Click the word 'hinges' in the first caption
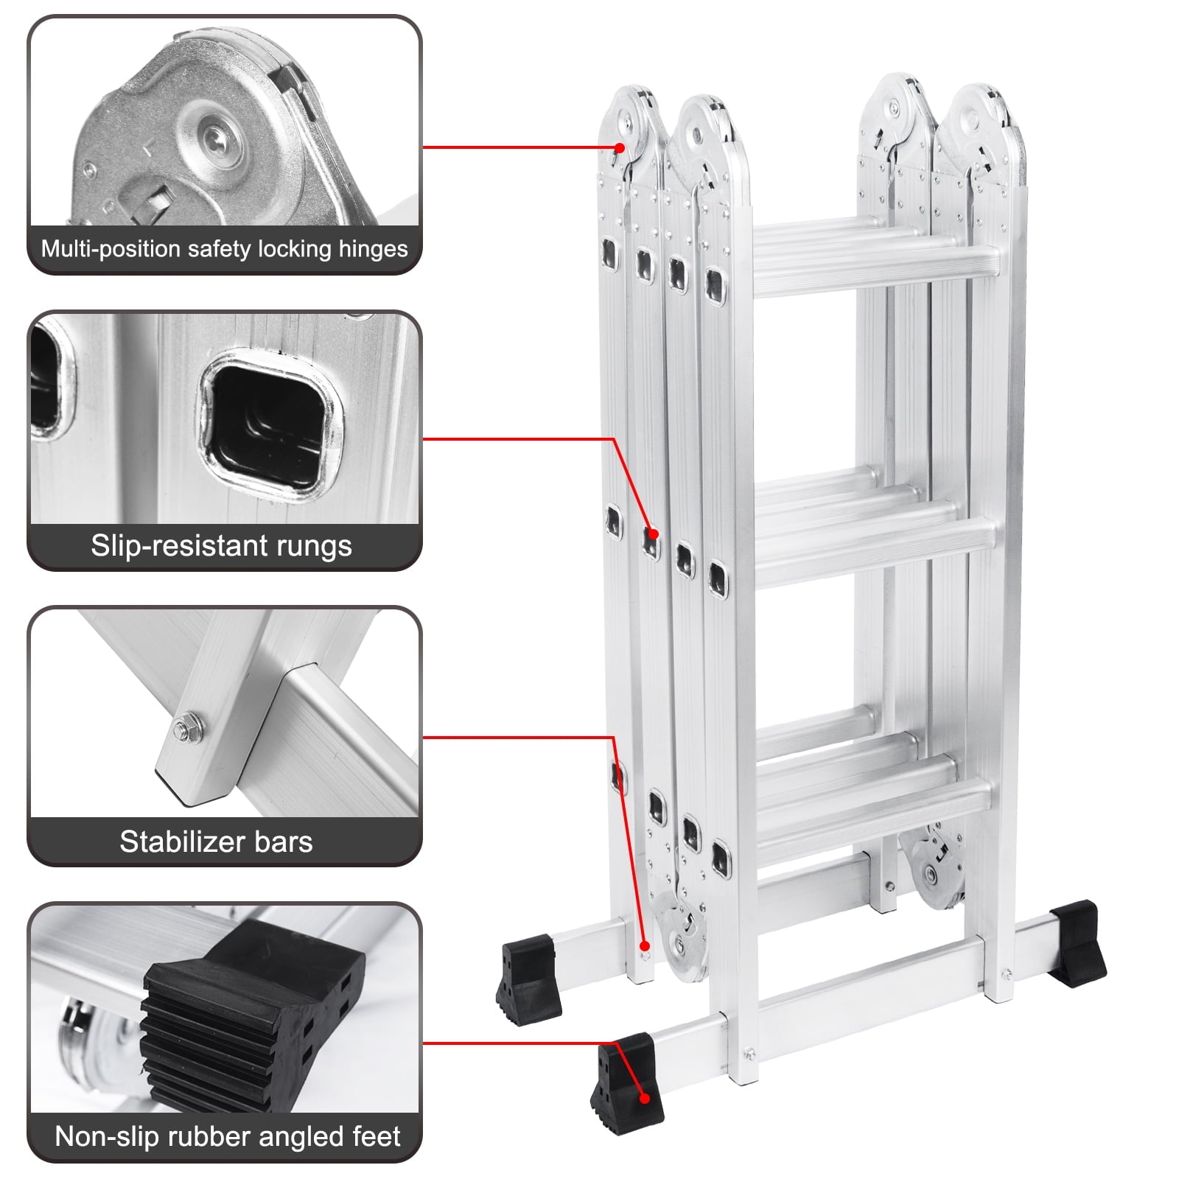(373, 249)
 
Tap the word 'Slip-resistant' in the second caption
(179, 546)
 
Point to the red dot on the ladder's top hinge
(620, 148)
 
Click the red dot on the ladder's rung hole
(653, 533)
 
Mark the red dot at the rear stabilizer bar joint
(644, 945)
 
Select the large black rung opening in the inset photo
(268, 427)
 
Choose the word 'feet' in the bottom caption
(376, 1136)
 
